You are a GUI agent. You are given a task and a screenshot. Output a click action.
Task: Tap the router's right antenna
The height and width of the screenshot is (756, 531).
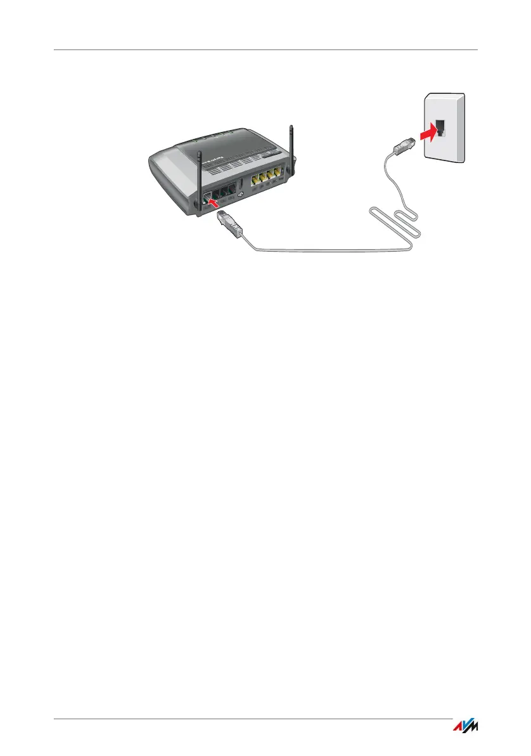pos(292,152)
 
